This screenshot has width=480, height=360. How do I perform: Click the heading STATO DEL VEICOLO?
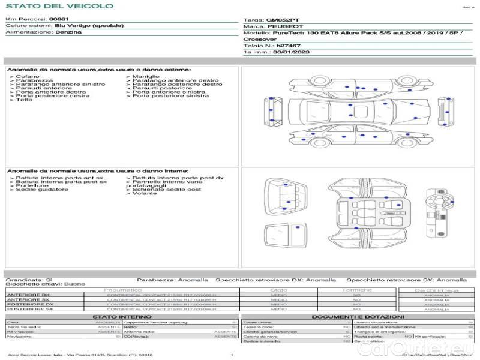point(59,6)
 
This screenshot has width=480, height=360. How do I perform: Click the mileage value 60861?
point(59,20)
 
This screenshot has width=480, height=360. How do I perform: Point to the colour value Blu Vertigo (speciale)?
point(89,26)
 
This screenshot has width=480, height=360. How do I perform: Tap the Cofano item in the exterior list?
point(28,77)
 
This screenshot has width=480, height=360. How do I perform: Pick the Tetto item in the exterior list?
point(24,100)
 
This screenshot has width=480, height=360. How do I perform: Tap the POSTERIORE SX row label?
point(29,309)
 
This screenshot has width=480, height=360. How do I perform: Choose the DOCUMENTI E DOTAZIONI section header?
point(358,316)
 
